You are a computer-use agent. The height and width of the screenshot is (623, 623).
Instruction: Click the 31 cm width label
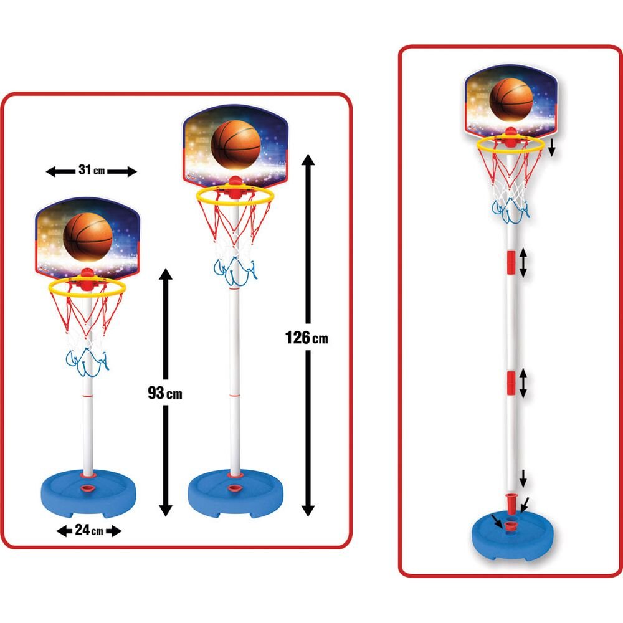click(x=92, y=170)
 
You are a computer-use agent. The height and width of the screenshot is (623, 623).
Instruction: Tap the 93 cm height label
click(x=165, y=393)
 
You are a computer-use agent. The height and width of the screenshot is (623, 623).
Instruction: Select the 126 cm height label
click(x=307, y=338)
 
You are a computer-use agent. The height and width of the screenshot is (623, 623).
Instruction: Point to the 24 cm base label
click(x=89, y=530)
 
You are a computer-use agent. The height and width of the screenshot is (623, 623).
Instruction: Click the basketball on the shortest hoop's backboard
click(x=88, y=237)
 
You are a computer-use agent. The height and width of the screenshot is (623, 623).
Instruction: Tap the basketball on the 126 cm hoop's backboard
click(x=235, y=145)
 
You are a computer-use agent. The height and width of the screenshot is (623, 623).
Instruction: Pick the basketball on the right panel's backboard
click(x=511, y=99)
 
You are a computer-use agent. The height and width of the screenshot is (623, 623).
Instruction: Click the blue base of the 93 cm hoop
click(x=88, y=493)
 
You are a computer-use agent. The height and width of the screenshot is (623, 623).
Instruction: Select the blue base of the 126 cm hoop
click(x=235, y=493)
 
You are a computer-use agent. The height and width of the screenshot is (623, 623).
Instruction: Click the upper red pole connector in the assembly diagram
click(x=511, y=262)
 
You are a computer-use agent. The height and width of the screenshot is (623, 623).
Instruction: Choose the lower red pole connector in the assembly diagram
click(x=511, y=384)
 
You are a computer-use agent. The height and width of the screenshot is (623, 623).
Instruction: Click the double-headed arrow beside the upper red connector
click(x=523, y=262)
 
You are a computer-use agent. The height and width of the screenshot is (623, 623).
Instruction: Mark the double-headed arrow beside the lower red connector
click(x=523, y=383)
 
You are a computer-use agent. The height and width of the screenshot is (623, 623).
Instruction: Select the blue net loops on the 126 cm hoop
click(x=235, y=272)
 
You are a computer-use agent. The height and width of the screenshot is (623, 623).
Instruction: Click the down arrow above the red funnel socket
click(x=523, y=478)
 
